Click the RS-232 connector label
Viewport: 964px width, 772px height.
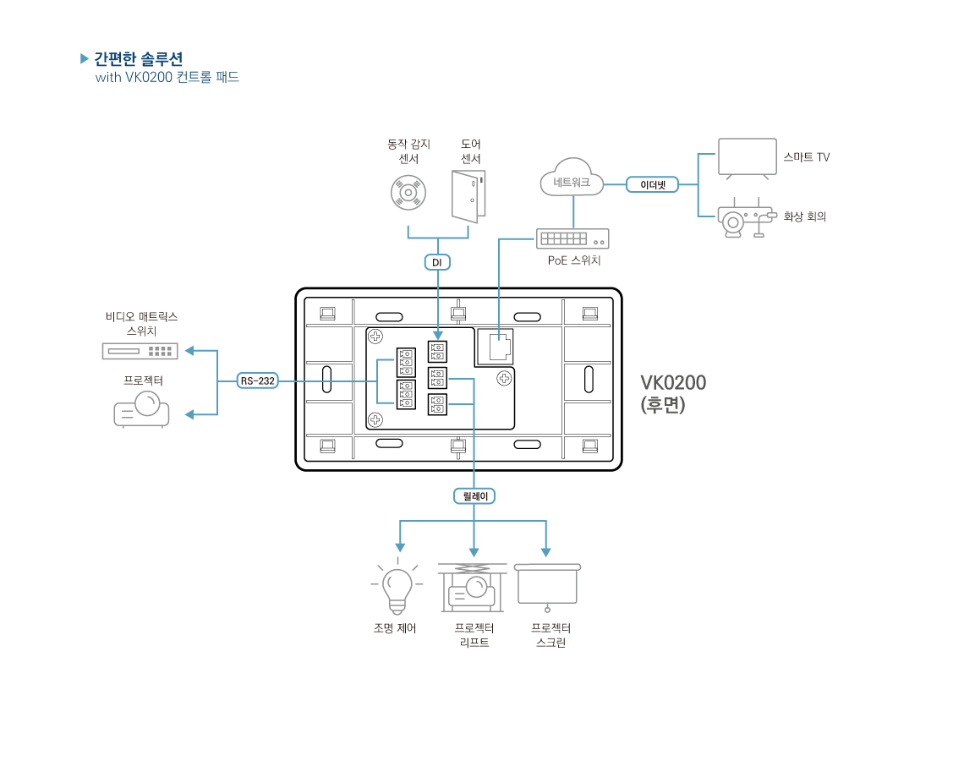click(257, 381)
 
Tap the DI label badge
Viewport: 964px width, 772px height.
click(437, 263)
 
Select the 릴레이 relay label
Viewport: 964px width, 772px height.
click(474, 496)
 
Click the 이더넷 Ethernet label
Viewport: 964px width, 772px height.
click(652, 184)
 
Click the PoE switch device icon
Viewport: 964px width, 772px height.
click(572, 239)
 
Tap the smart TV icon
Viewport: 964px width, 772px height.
click(747, 158)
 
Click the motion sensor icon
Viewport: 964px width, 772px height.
click(408, 193)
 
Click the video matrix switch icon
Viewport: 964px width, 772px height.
click(140, 350)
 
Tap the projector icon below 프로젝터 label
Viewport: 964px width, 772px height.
click(141, 409)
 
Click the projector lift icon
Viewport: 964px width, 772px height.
click(472, 587)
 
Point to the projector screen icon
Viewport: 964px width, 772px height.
click(547, 585)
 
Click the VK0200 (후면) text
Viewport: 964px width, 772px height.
click(673, 393)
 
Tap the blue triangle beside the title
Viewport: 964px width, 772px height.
click(85, 58)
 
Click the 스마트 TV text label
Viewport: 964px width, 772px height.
click(806, 157)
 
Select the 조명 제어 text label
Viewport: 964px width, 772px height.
click(395, 628)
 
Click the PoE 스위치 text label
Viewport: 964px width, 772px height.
click(574, 260)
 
